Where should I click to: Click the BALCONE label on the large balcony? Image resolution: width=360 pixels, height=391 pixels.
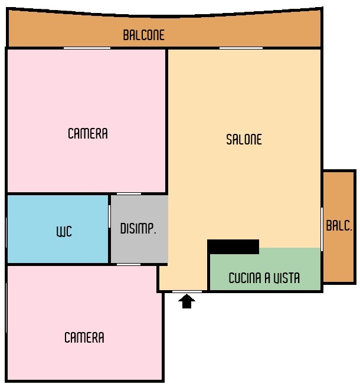pos(143,35)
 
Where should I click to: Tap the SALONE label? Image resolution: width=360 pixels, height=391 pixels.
pos(244,139)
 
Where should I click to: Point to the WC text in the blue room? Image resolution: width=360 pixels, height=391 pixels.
pos(64,231)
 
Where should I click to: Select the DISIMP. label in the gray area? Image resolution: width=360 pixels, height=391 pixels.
pos(138,228)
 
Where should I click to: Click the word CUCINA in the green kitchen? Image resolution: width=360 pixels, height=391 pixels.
pos(245,278)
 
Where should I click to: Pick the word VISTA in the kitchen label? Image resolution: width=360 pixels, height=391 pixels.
pos(286,278)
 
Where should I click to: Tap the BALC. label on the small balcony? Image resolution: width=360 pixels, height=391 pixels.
pos(339,226)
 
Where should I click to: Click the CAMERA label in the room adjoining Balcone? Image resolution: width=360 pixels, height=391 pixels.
pos(88,133)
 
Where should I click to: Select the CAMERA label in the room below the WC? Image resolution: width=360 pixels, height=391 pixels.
pos(84,338)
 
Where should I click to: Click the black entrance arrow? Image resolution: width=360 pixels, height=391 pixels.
pos(186,301)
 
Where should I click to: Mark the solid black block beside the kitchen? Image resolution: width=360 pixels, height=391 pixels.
pos(233,247)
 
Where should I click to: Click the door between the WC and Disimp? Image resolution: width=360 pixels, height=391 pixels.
pos(109,216)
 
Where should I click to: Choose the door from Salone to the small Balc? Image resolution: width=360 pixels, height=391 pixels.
pos(322,229)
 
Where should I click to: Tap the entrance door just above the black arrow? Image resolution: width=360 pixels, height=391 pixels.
pos(187,291)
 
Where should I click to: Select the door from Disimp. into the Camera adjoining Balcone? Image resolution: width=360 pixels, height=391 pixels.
pos(129,194)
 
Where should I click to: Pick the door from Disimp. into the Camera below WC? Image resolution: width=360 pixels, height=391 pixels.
pos(129,264)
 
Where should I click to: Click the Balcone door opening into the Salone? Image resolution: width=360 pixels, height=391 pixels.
pos(241,48)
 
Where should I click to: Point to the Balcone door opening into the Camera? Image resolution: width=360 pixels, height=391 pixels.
pos(87,48)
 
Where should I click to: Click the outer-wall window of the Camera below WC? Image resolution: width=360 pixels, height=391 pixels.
pos(6,308)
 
